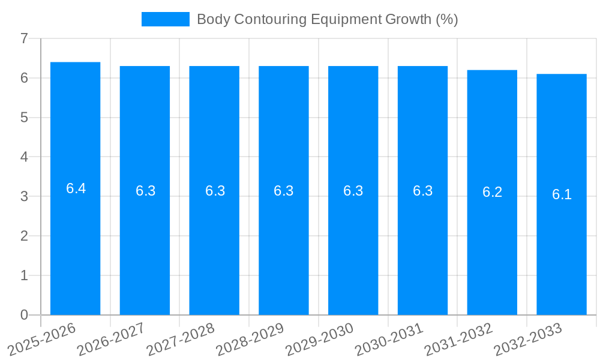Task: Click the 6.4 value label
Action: (x=76, y=188)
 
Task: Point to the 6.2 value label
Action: (x=492, y=192)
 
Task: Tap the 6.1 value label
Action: (x=562, y=194)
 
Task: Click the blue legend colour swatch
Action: (x=165, y=19)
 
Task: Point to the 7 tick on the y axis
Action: (x=24, y=38)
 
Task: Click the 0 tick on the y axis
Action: (x=24, y=315)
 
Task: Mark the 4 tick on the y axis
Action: (x=24, y=157)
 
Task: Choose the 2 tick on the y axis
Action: (x=24, y=236)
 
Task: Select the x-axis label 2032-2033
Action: (x=527, y=340)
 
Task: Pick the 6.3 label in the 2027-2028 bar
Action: (x=215, y=191)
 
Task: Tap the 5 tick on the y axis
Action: (x=24, y=118)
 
